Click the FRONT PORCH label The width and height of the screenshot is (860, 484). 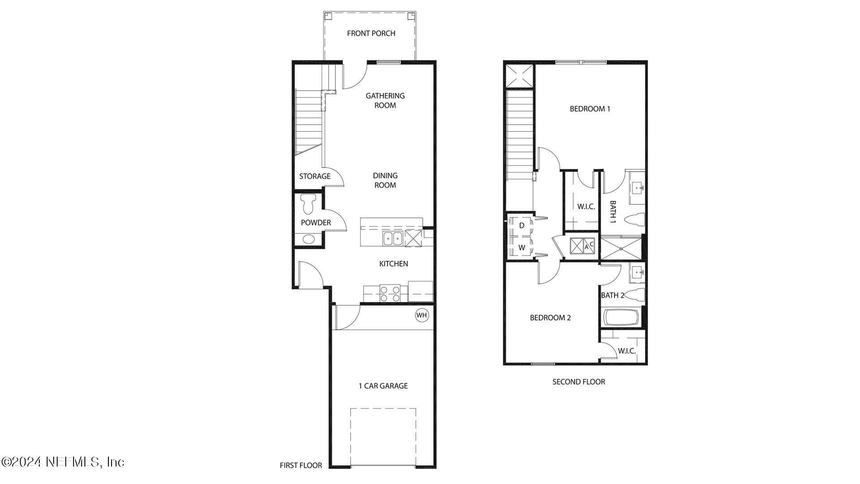pos(371,33)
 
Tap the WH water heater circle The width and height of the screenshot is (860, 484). pos(422,315)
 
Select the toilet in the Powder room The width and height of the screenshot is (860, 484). pos(308,204)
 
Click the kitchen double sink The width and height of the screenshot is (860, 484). pos(393,239)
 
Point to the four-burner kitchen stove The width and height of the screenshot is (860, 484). pos(390,294)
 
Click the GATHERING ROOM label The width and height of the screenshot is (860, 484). pos(385,100)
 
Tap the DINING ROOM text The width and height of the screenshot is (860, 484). pos(385,180)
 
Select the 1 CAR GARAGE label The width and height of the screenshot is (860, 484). pos(383,386)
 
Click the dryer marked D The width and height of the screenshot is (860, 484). pos(521,225)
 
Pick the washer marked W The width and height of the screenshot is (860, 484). pos(521,247)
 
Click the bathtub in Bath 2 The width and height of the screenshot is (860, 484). pos(621,318)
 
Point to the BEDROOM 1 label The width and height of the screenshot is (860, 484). pos(589,109)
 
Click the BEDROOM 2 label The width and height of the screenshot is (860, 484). pos(550,318)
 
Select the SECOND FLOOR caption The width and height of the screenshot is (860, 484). pos(578,382)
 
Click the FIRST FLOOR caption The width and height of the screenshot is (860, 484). pos(301,465)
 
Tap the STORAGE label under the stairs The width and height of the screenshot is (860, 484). pos(314,176)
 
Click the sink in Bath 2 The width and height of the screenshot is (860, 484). pos(637,272)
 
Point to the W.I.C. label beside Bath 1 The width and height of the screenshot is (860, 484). pos(586,207)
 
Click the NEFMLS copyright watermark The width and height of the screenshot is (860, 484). pos(63,462)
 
